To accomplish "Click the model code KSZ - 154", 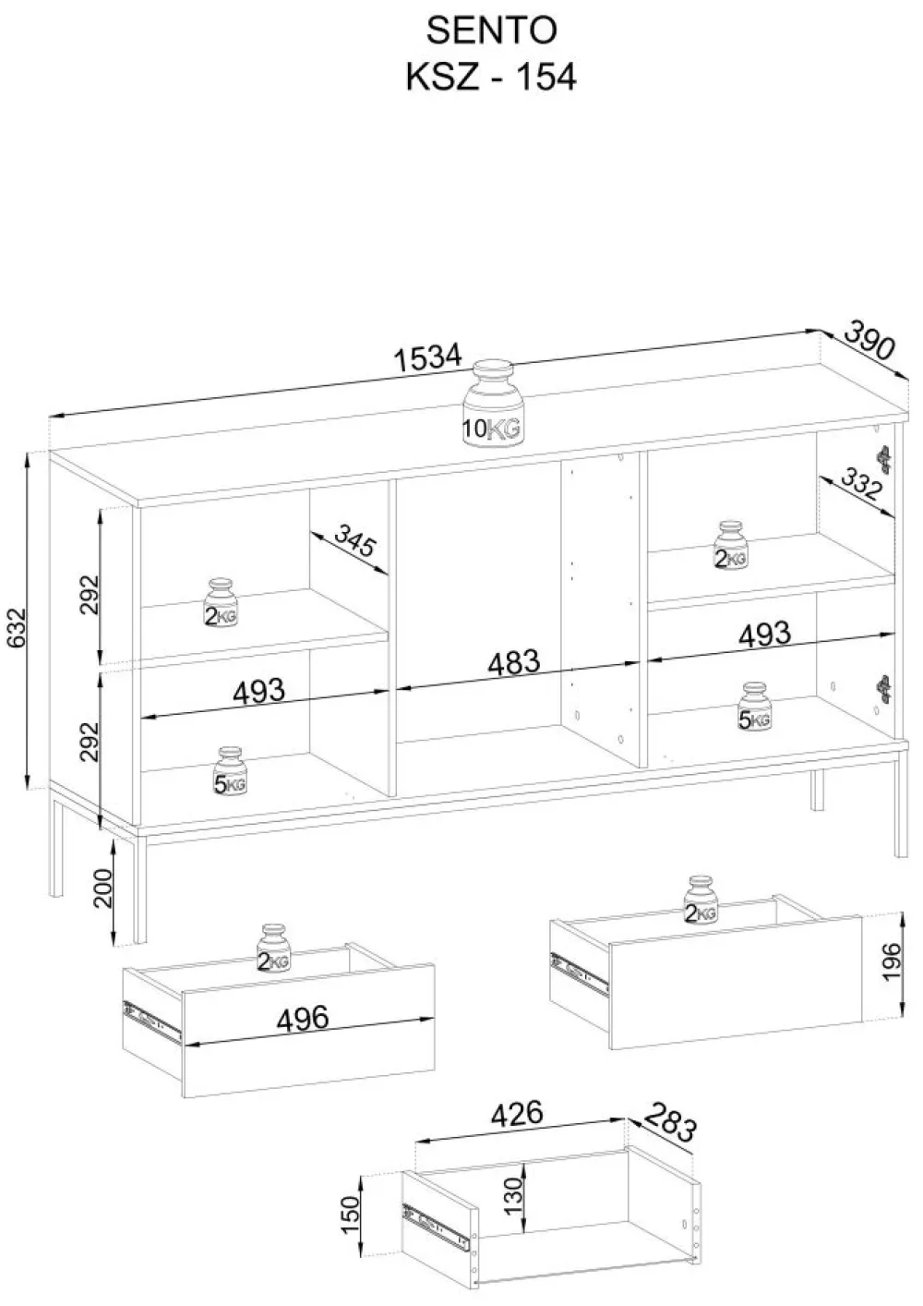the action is tap(491, 77).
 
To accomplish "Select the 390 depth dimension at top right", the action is tap(869, 340).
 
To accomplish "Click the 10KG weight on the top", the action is tap(493, 404).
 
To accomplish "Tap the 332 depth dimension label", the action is tap(859, 483).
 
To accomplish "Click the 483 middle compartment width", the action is tap(514, 662).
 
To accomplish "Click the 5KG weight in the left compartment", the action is tap(229, 771).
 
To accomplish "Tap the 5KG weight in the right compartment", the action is tap(754, 706).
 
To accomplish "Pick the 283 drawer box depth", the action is tap(670, 1121).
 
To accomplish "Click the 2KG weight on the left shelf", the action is tap(221, 603).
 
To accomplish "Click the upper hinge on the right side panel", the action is tap(884, 458).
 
